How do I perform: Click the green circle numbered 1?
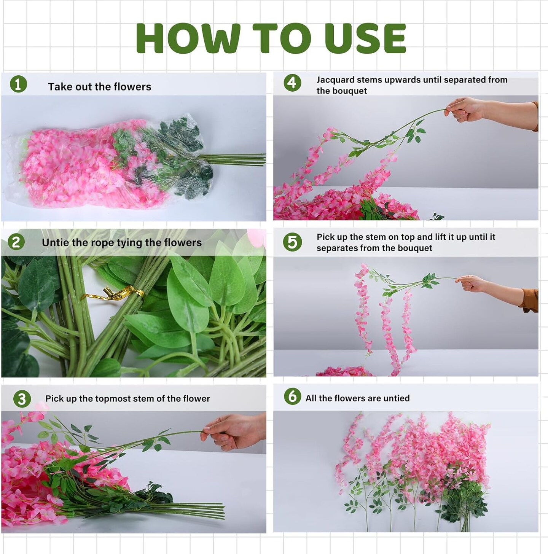18,84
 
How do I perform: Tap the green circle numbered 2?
16,242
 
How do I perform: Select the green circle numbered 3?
22,399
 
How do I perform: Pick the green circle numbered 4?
292,83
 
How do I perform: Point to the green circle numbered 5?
292,242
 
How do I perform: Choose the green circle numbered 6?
292,396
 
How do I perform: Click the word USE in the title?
365,39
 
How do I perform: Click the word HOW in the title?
188,39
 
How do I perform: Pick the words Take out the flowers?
99,87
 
